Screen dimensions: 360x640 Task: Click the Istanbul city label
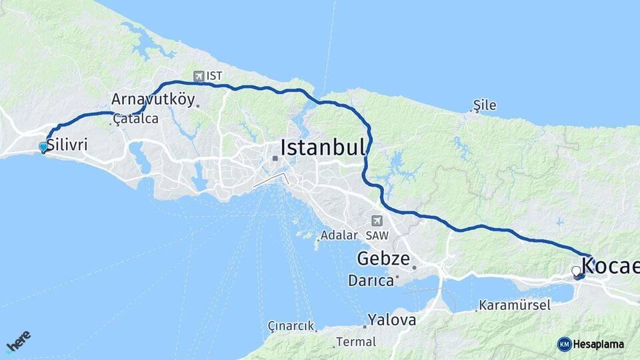pos(323,147)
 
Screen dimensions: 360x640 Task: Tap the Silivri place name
pos(67,145)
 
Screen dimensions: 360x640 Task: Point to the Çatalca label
pos(136,119)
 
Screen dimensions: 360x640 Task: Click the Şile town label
pos(485,105)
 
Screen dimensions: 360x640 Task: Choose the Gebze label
pos(383,258)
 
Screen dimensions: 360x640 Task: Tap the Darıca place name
pos(371,281)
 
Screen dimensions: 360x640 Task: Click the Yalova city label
pos(392,319)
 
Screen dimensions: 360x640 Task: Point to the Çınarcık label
pos(291,325)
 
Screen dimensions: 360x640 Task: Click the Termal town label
pos(355,342)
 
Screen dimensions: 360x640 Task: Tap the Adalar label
pos(339,235)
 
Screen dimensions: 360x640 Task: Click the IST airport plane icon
pos(198,76)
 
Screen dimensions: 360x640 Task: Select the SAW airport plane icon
pos(377,221)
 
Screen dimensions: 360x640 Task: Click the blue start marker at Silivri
pos(43,147)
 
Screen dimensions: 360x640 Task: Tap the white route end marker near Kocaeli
pos(576,271)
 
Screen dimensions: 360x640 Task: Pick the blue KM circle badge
pos(564,344)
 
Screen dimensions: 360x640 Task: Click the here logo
pos(19,341)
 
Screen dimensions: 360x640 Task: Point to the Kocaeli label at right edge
pos(610,266)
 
